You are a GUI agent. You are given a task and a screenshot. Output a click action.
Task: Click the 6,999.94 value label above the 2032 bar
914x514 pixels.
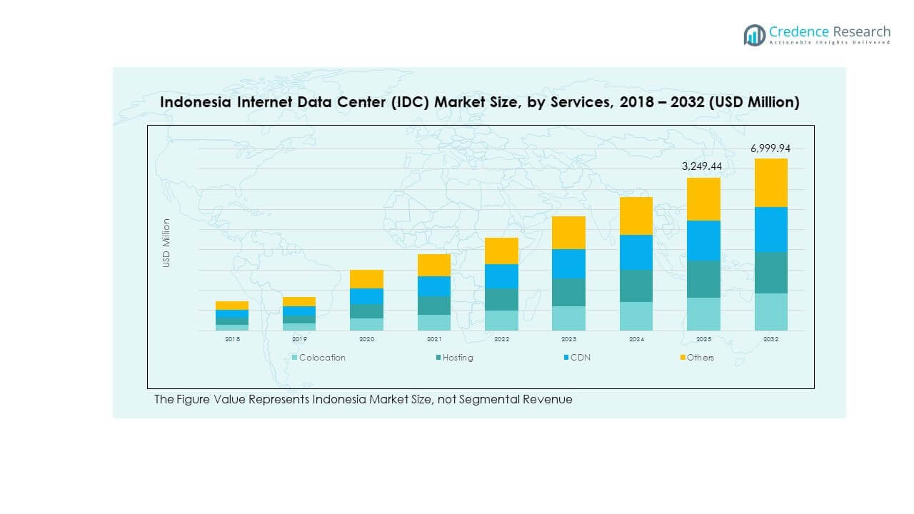tap(770, 148)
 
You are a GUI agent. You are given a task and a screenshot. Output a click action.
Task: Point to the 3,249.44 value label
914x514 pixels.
tap(703, 166)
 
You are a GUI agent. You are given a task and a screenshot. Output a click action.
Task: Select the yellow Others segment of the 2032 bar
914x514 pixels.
tap(770, 183)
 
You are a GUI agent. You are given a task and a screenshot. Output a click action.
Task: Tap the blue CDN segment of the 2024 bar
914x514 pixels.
tap(636, 252)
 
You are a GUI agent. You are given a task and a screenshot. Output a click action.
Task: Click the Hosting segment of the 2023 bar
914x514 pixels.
tap(568, 292)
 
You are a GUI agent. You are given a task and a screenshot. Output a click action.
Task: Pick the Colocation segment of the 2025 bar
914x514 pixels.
tap(703, 314)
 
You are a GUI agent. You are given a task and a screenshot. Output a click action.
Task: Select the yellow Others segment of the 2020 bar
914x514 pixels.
tap(366, 279)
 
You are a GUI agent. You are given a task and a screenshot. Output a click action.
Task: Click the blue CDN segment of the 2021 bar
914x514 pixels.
tap(434, 286)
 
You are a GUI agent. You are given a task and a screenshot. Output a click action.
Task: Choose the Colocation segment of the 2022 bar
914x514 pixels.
tap(501, 321)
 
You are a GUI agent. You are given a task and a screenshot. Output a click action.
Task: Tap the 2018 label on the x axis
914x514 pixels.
tap(232, 339)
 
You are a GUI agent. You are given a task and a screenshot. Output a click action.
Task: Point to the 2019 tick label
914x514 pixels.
tap(299, 339)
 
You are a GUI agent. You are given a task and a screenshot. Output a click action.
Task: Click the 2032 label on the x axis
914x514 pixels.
tap(770, 339)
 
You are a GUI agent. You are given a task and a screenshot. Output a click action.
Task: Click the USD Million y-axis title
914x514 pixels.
tap(166, 243)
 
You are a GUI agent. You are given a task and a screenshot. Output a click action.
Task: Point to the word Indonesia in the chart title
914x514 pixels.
tap(195, 102)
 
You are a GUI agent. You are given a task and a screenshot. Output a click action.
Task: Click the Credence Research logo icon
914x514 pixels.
tap(754, 35)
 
